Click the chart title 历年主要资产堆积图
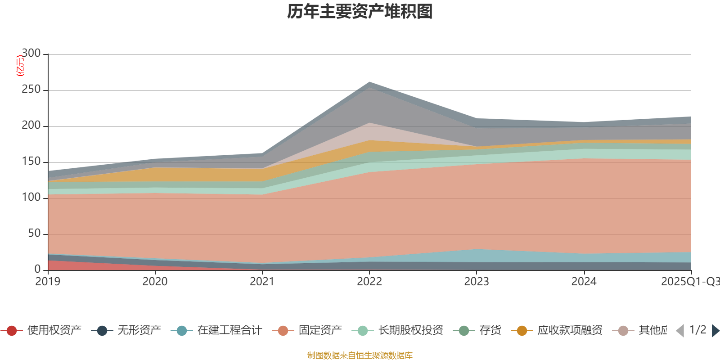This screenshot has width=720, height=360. coord(360,12)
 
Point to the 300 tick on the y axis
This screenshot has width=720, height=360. coord(31,54)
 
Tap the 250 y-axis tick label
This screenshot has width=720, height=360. coord(31,90)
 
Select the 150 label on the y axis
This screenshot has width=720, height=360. coord(31,162)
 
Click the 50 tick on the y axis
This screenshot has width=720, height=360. coord(34,234)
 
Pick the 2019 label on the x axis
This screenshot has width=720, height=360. coord(48,282)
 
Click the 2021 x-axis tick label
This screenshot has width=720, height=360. coord(262,282)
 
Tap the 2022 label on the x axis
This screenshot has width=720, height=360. coord(369,282)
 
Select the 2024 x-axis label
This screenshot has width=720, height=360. coord(584,282)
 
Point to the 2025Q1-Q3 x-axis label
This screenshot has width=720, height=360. coord(689,282)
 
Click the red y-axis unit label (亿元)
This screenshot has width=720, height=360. coord(20,66)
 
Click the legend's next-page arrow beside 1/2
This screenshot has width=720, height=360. coord(715,331)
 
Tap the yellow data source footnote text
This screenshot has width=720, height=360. coord(360,355)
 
